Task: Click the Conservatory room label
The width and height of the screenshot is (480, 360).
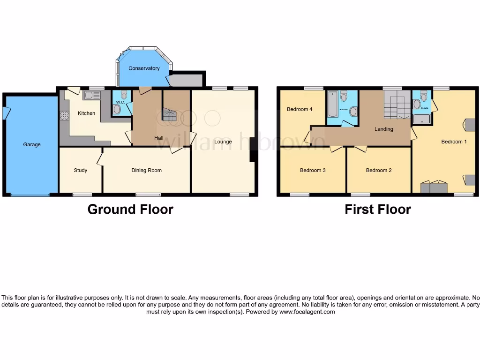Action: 144,68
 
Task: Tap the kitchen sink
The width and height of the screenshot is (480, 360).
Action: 92,96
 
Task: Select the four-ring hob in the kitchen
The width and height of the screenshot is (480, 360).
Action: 64,115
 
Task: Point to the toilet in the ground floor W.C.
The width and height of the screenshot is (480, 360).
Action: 124,95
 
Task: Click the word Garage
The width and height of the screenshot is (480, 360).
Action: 32,145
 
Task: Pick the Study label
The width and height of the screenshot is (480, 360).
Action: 81,171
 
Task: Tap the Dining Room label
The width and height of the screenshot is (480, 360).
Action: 146,171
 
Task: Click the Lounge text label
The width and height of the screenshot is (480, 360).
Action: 223,142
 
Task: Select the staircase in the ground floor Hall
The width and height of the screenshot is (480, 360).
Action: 170,114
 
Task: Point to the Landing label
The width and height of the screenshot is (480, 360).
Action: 383,129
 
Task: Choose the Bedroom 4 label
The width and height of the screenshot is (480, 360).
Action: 300,110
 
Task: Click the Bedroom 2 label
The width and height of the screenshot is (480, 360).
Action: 379,171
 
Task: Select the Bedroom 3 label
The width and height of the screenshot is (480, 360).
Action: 313,171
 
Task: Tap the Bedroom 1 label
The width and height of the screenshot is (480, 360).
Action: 454,142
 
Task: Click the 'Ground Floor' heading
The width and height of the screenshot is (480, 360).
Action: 130,210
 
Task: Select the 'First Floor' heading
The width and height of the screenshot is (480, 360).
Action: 378,210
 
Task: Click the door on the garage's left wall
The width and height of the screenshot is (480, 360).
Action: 6,113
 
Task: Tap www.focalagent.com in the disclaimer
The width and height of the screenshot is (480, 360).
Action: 307,312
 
